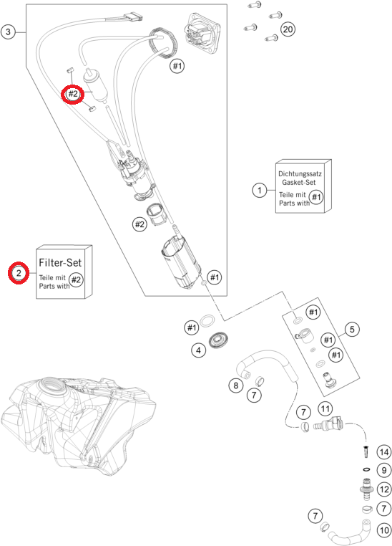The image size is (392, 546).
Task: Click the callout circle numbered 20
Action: click(288, 29)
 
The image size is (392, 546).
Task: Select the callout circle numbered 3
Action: click(8, 32)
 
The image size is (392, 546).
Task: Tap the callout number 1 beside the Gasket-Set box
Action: click(259, 190)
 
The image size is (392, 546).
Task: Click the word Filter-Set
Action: click(60, 262)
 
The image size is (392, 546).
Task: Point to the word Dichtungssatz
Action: click(300, 173)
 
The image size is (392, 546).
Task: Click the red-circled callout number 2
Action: click(19, 273)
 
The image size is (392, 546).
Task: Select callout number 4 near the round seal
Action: click(198, 350)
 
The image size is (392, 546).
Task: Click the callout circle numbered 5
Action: click(352, 329)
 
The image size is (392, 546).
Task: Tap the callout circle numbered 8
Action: click(236, 385)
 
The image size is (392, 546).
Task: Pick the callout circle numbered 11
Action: click(325, 408)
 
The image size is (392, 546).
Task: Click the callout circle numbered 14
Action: click(383, 452)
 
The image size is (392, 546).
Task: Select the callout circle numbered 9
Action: click(383, 471)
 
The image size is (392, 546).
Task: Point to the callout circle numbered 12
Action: click(384, 489)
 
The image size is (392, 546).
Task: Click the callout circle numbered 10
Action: click(383, 530)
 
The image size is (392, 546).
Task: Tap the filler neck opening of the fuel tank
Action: click(52, 385)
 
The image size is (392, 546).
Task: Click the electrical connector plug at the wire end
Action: click(134, 16)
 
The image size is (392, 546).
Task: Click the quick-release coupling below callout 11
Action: click(328, 424)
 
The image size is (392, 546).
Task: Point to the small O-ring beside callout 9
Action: click(366, 470)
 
